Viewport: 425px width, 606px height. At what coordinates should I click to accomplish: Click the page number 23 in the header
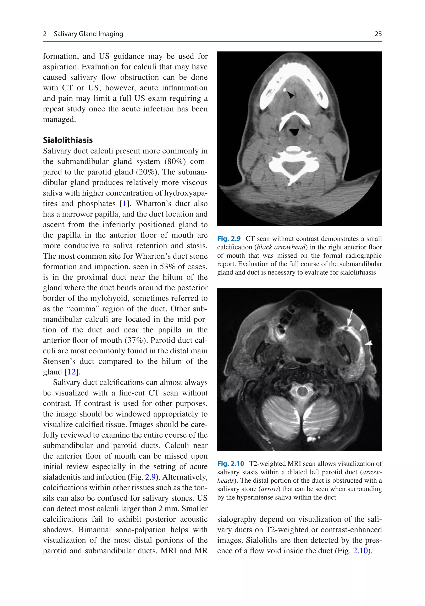tap(378, 34)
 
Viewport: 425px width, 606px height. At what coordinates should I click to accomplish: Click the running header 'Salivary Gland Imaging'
tap(88, 34)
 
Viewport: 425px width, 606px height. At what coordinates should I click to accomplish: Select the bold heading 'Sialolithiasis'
tap(68, 140)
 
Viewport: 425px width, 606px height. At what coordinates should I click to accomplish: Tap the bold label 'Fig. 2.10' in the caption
tap(230, 464)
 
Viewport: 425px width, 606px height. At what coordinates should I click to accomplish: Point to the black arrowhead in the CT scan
tap(291, 95)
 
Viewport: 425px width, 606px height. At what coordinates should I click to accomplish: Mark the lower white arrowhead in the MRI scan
tap(369, 343)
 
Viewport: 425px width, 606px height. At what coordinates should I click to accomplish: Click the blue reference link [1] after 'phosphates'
tap(124, 203)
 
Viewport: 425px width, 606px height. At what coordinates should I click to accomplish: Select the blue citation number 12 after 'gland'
tap(71, 372)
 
